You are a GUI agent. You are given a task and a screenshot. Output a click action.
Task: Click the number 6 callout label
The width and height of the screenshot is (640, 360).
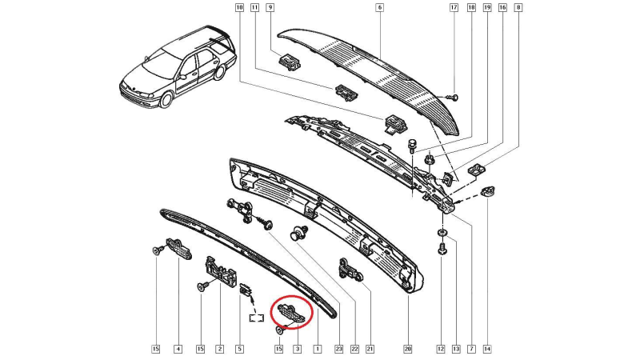(x=379, y=7)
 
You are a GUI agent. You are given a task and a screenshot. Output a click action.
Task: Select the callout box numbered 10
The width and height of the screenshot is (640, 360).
(x=239, y=7)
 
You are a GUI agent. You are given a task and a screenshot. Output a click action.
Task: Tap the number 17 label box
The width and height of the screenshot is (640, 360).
(x=454, y=7)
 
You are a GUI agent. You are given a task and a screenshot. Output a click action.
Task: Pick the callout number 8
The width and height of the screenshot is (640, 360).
(x=518, y=7)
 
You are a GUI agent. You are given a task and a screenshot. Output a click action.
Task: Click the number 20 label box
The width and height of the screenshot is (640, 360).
(x=408, y=349)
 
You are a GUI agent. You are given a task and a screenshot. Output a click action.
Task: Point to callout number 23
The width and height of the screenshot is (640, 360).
(x=338, y=349)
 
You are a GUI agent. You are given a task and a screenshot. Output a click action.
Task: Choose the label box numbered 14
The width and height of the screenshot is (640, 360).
(x=487, y=349)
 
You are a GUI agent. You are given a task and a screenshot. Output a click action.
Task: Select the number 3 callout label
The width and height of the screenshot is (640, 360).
(x=298, y=349)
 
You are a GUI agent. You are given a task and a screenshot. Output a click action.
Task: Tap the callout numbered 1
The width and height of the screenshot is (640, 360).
(x=317, y=349)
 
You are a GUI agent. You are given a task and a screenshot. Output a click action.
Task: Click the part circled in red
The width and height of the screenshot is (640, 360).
(x=291, y=313)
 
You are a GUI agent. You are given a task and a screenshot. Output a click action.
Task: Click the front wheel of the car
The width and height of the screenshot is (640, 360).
(x=166, y=99)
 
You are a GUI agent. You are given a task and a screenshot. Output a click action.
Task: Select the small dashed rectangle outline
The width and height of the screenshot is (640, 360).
(x=257, y=317)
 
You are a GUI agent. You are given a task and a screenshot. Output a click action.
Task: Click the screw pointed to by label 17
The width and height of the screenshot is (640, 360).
(x=452, y=97)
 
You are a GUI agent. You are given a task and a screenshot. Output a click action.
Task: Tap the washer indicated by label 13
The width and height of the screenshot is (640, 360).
(x=442, y=233)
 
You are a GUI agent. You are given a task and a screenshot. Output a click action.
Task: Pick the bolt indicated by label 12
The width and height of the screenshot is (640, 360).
(x=442, y=248)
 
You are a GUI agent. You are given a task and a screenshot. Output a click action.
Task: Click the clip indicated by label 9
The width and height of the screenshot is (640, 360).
(x=290, y=62)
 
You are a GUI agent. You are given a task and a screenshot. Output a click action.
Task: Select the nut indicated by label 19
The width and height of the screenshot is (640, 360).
(x=429, y=158)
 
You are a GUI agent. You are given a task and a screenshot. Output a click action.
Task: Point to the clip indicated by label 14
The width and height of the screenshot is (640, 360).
(x=486, y=191)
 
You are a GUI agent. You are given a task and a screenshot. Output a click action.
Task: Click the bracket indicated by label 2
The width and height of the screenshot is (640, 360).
(x=221, y=271)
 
